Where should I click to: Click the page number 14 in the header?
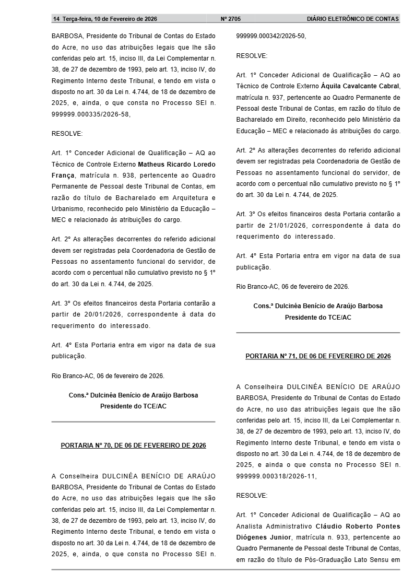pos(56,19)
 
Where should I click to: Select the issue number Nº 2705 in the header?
pos(231,19)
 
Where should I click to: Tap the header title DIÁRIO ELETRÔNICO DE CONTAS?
pos(353,19)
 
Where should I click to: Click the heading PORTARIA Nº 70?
pos(133,446)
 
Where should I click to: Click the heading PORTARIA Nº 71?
pos(318,356)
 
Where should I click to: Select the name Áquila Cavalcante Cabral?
pos(360,86)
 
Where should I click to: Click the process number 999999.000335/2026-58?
pos(91,114)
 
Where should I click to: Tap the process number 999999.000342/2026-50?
pos(271,36)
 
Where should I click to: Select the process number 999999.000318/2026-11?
pos(276,476)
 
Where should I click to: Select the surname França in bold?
pos(63,175)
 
